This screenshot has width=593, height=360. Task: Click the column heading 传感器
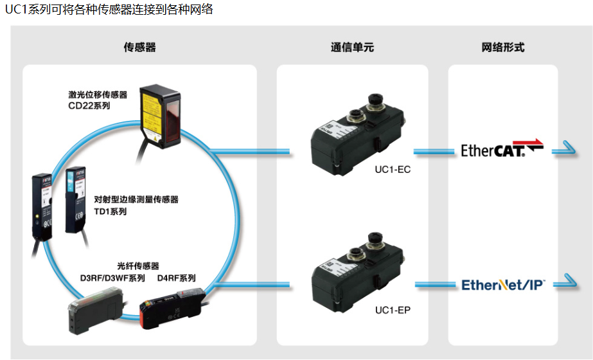(139, 48)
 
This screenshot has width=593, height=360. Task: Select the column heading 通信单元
(352, 48)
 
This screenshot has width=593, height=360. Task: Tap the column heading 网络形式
(502, 48)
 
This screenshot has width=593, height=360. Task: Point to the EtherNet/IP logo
(503, 284)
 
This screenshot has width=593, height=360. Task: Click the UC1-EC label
(393, 170)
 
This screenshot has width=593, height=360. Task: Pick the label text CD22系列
(89, 105)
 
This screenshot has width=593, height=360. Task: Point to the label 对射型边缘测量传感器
(136, 199)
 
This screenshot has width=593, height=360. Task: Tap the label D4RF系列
(176, 278)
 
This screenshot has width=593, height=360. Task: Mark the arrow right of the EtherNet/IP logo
(564, 282)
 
